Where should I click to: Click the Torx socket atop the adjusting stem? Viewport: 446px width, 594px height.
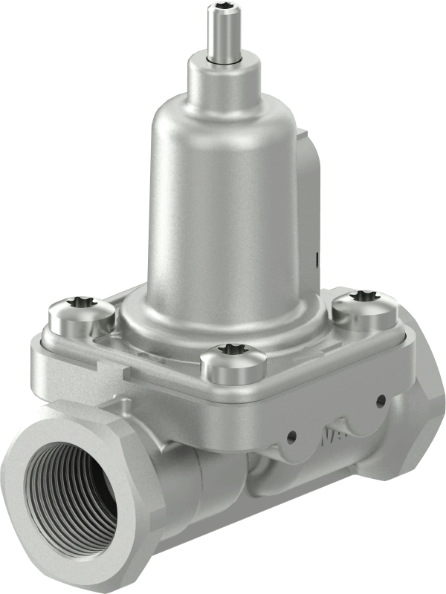(221, 10)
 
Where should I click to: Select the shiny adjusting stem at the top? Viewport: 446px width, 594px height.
(221, 37)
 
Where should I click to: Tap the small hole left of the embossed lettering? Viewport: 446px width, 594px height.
(291, 436)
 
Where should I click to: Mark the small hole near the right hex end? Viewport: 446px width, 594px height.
(380, 402)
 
